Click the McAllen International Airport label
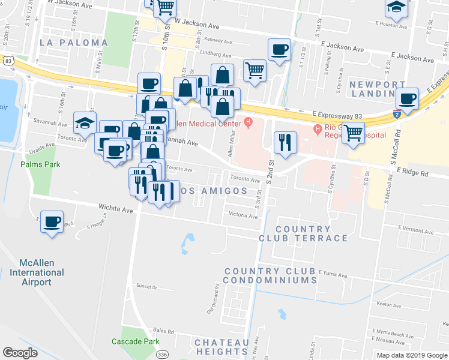[x=37, y=272]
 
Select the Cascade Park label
[x=136, y=341]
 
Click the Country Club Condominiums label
[x=270, y=276]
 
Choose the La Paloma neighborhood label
[x=74, y=43]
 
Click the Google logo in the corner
[x=20, y=352]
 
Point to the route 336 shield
[x=161, y=355]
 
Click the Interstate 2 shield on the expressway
[x=397, y=113]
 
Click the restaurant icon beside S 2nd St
[x=285, y=142]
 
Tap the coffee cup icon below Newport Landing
[x=407, y=98]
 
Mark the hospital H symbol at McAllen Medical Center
[x=247, y=123]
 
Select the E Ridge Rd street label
[x=413, y=172]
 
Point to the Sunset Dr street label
[x=146, y=287]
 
